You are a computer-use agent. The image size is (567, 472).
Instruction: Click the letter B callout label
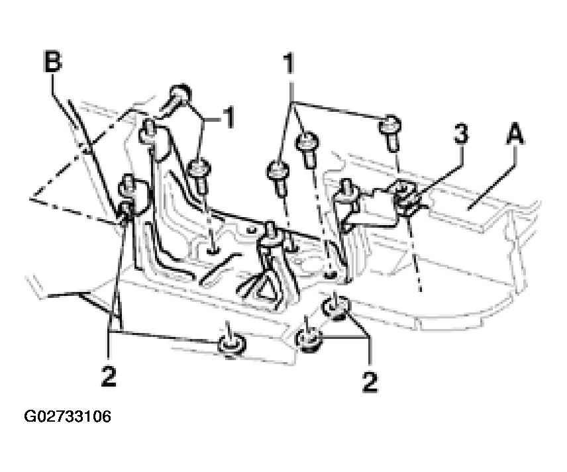pos(53,62)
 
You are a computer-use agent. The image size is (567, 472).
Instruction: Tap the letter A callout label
pos(515,133)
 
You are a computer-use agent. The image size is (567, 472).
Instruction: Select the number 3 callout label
pos(461,133)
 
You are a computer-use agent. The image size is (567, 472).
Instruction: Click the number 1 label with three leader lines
pos(288,64)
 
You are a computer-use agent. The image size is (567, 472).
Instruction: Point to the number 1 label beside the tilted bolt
pos(227,118)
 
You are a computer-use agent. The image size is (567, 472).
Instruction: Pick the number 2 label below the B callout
pos(109,376)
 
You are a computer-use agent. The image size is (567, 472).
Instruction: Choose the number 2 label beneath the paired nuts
pos(370,382)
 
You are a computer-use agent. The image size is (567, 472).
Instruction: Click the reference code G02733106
pos(68,416)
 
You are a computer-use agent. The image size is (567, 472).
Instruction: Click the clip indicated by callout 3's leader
pos(407,197)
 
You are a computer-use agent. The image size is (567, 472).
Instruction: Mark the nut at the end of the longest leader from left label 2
pos(231,344)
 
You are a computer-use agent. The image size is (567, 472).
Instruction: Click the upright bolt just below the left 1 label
pos(199,175)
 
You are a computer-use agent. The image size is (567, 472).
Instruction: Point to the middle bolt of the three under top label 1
pos(308,148)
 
